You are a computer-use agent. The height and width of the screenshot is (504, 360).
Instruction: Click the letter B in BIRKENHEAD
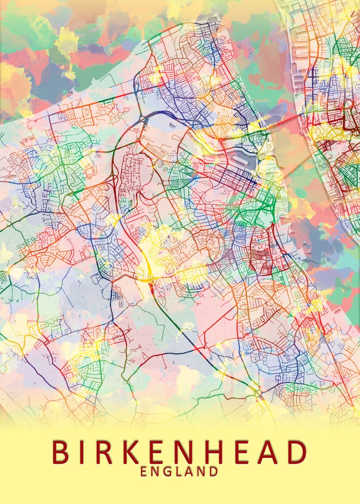click(x=61, y=452)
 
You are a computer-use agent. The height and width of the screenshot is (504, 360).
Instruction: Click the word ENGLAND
click(x=179, y=472)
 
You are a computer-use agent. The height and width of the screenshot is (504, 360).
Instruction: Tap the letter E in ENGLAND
click(x=144, y=472)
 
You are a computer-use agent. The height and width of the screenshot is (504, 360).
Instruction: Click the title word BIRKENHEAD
click(x=179, y=452)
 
